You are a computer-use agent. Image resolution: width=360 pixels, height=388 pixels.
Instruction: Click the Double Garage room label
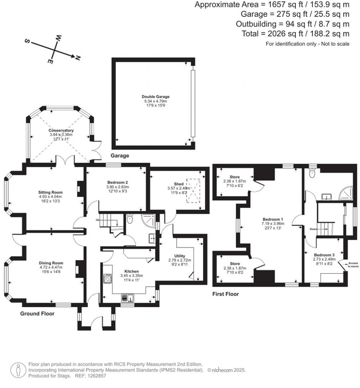click(x=155, y=97)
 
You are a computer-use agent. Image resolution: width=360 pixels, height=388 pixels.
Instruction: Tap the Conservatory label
click(x=61, y=130)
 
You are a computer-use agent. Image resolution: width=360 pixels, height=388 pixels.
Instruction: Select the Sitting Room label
click(x=50, y=192)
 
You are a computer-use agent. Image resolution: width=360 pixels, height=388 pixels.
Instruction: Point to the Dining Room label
click(x=51, y=263)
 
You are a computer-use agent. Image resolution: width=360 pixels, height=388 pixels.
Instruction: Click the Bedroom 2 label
click(x=118, y=182)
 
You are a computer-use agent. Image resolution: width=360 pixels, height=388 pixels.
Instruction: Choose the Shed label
click(x=179, y=184)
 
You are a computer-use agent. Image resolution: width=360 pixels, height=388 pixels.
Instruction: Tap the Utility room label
click(x=180, y=256)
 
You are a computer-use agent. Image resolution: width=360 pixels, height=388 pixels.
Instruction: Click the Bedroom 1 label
click(x=273, y=219)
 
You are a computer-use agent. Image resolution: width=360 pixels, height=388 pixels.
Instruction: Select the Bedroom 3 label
click(x=324, y=255)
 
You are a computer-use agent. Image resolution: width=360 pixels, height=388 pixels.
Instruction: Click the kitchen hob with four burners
click(x=108, y=279)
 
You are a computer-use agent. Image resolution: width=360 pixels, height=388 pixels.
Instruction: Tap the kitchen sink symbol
click(x=128, y=298)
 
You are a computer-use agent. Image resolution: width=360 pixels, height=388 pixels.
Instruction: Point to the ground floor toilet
click(x=130, y=218)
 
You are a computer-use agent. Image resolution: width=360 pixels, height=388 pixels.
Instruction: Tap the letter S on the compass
click(x=27, y=41)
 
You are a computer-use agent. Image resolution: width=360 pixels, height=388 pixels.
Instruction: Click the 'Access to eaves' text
click(x=353, y=265)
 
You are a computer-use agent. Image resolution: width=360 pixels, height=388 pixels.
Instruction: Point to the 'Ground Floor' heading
click(x=37, y=313)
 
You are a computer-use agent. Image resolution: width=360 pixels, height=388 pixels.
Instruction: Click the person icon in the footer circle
click(x=18, y=370)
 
